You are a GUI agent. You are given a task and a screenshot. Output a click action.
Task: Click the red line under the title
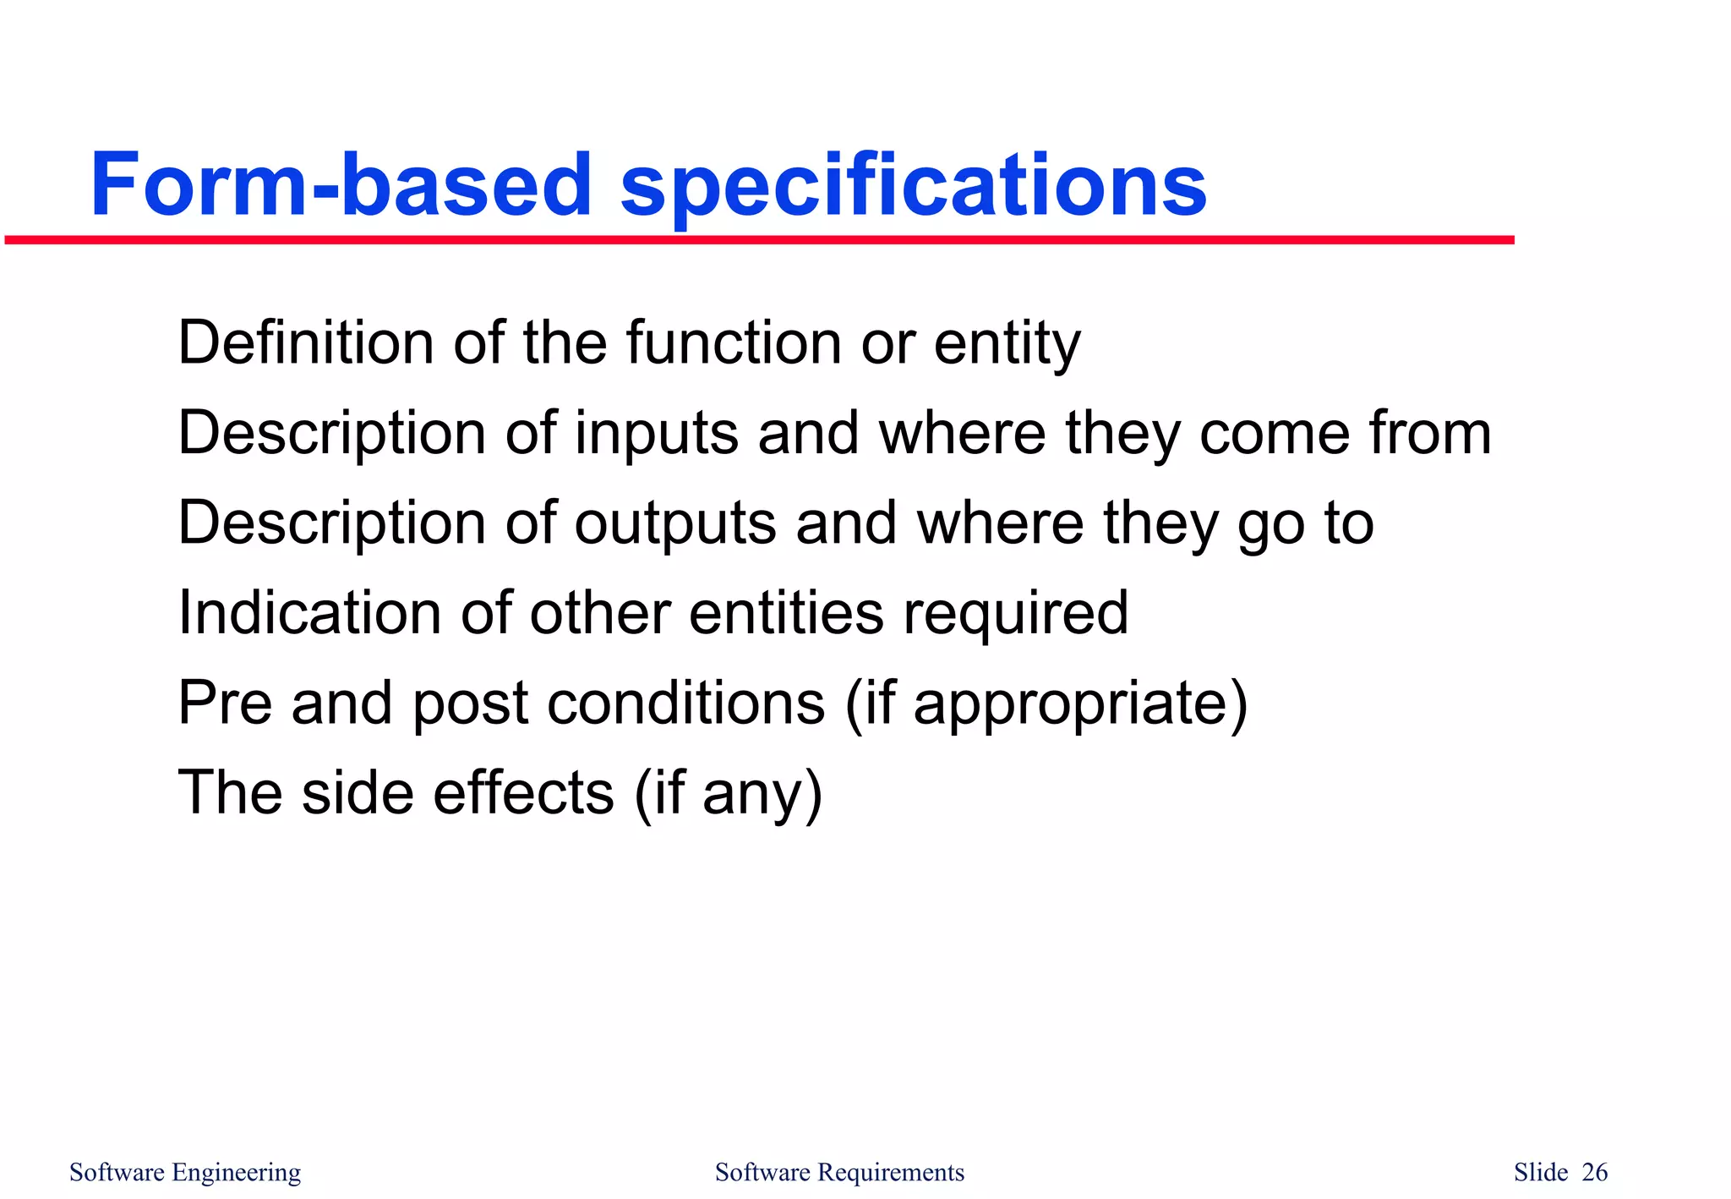coord(759,241)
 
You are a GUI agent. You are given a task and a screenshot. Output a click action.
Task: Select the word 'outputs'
coord(674,524)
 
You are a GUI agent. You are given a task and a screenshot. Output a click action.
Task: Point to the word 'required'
coord(1015,614)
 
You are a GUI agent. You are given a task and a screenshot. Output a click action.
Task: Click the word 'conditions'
coord(685,703)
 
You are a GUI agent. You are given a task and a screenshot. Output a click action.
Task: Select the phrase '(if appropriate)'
coord(1046,704)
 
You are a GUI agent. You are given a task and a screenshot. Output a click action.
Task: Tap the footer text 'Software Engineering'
coord(185,1172)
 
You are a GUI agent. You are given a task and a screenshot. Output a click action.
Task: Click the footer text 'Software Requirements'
coord(839,1172)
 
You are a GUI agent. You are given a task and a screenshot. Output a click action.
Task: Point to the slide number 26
coord(1594,1172)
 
